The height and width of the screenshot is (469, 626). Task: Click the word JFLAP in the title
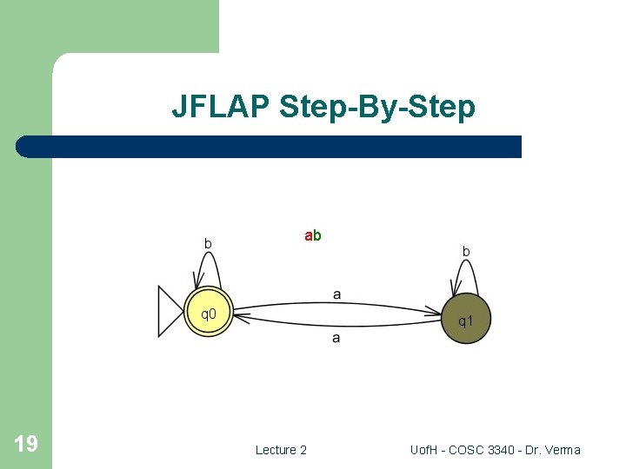pos(221,107)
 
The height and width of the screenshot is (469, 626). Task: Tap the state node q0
pos(209,313)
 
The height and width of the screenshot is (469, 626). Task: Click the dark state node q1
pos(467,320)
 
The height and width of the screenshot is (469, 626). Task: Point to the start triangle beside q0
pos(169,312)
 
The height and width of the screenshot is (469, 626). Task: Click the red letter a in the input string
pos(308,235)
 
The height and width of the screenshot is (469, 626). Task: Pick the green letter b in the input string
pos(317,235)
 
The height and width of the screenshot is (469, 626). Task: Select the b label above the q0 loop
pos(208,244)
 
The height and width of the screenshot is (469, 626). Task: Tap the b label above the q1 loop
pos(466,251)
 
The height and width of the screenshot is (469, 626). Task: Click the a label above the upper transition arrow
pos(336,294)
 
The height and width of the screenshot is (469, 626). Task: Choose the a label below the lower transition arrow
pos(336,337)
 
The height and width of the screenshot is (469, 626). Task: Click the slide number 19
pos(26,445)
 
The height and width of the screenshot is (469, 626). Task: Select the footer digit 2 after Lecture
pos(303,450)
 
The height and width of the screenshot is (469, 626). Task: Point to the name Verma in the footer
pos(562,450)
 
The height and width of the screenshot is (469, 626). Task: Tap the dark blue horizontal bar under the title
pos(270,147)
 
